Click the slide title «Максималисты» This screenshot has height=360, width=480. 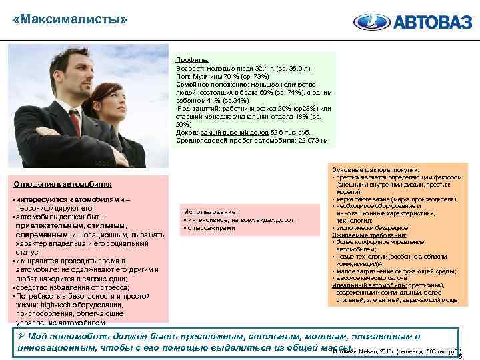click(x=69, y=19)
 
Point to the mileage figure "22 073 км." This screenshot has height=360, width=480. click(x=306, y=140)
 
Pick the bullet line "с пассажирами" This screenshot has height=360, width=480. click(x=213, y=227)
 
